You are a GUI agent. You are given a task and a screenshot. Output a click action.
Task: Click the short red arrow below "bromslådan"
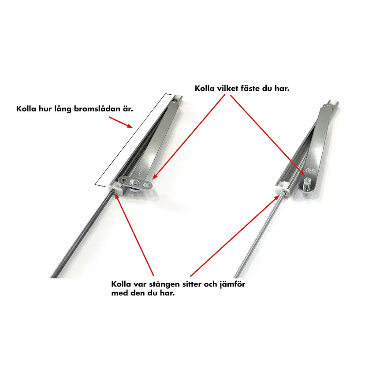pyautogui.click(x=121, y=123)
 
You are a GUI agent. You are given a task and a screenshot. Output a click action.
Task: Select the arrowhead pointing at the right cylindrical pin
pyautogui.click(x=303, y=173)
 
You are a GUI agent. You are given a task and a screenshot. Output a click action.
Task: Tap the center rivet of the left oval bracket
pyautogui.click(x=135, y=182)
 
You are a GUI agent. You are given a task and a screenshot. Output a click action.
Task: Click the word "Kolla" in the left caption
pyautogui.click(x=25, y=109)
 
